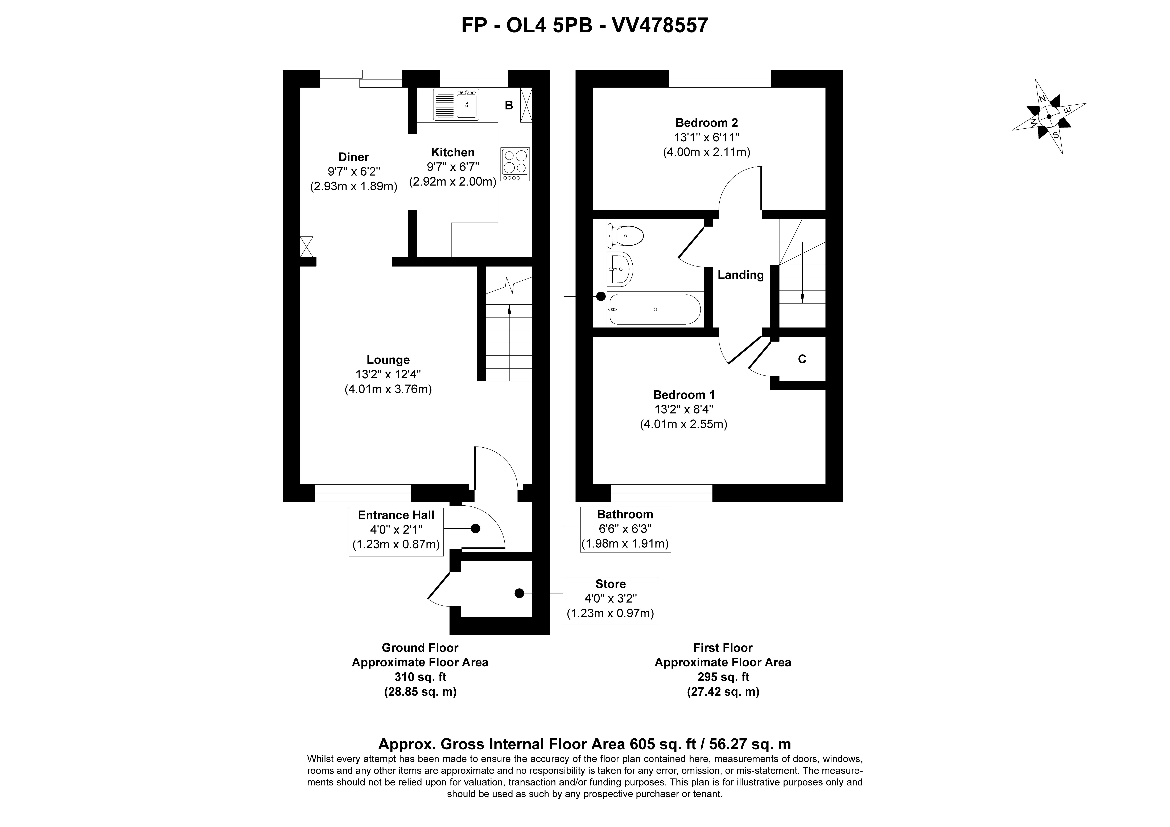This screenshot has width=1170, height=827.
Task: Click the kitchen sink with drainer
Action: [456, 105]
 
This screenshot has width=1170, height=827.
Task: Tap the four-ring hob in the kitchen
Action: [515, 164]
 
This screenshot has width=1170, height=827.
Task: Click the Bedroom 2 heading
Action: [706, 123]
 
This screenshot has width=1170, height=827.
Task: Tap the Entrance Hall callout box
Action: [396, 532]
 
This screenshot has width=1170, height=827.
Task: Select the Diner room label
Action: [354, 157]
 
